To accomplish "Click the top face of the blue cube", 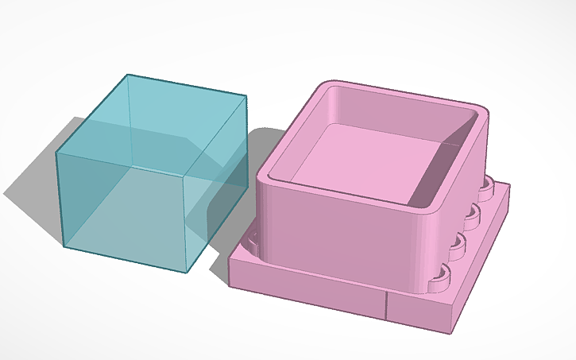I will click(x=151, y=119).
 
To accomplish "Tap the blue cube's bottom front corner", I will click(x=187, y=273).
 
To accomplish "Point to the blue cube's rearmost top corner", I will click(x=128, y=75).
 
